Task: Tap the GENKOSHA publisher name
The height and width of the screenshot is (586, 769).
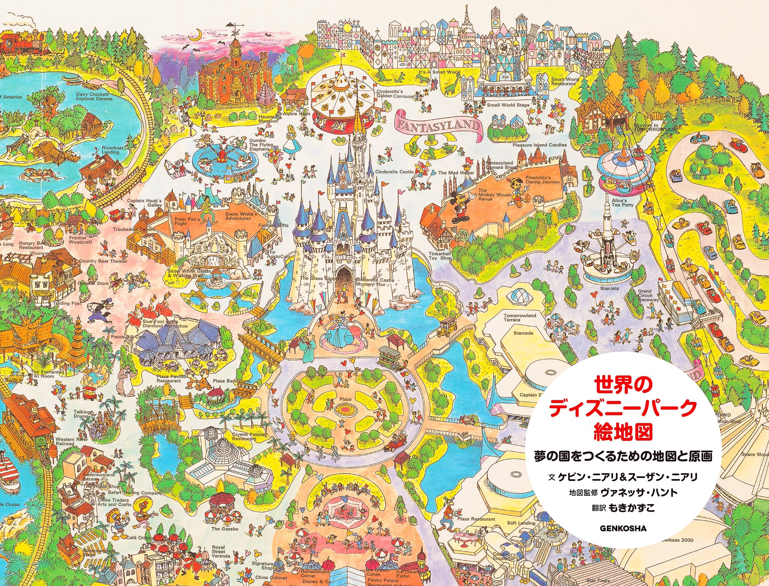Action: [623, 528]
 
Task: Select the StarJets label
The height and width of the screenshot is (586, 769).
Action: [609, 288]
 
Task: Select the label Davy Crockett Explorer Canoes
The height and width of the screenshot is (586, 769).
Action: [94, 97]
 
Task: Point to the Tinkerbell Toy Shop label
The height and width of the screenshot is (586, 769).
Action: [440, 256]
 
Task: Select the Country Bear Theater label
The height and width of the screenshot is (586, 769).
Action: [103, 261]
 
